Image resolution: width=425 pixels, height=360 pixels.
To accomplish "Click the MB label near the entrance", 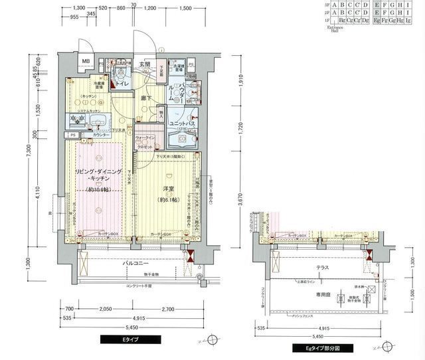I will point(86,63).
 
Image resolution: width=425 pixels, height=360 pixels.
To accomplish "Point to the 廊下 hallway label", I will point(146,98).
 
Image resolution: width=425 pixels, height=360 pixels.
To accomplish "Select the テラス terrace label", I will point(323,267).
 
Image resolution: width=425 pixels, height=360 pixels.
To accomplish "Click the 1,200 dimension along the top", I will point(149,8).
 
